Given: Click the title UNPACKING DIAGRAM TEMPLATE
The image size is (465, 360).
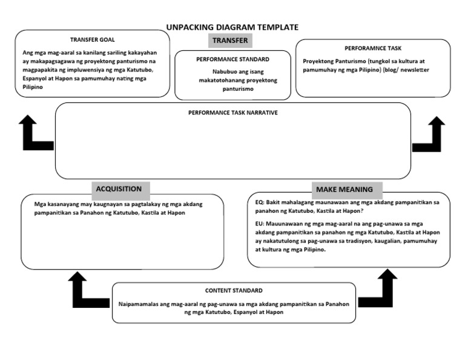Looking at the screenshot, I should point(232,27).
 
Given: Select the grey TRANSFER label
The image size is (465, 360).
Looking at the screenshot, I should point(229,41).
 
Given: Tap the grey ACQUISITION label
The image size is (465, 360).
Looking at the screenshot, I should point(119,188).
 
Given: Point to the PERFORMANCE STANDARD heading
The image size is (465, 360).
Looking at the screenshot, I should point(232,59).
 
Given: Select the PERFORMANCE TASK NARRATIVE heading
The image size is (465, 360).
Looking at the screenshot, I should point(232,113).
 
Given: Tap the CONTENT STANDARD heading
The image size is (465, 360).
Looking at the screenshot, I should point(234,290).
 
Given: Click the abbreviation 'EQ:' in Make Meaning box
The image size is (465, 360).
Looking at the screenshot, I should point(260,202).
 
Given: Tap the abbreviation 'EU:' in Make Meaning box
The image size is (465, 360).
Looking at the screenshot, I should point(260,223).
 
